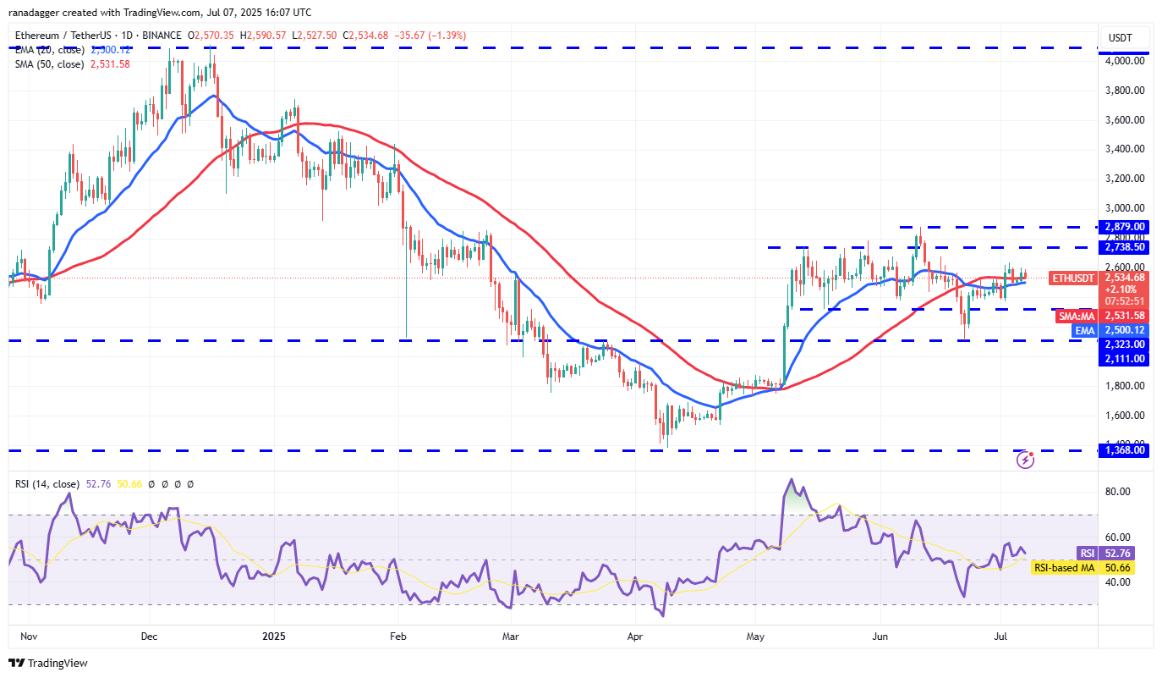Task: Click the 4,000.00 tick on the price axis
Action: coord(1125,61)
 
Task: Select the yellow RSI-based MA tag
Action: coord(1064,568)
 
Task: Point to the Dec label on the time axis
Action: coord(149,635)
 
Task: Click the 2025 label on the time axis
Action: coord(274,635)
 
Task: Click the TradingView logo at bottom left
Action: coord(48,664)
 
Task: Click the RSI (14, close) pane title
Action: coord(48,484)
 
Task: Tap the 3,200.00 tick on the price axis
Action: coord(1125,179)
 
